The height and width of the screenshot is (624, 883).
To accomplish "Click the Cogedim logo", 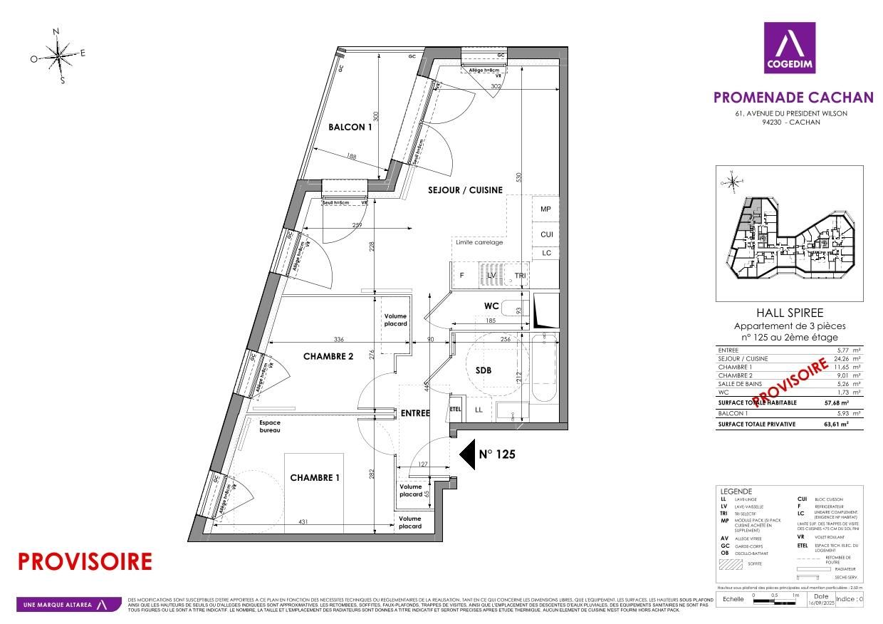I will [789, 48].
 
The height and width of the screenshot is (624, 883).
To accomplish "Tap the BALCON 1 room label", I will [350, 128].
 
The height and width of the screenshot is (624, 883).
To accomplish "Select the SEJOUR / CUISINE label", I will [465, 190].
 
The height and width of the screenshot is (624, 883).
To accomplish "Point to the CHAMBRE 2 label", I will [328, 357].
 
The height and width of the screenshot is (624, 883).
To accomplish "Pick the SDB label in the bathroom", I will [485, 370].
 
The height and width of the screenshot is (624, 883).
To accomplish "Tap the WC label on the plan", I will [491, 306].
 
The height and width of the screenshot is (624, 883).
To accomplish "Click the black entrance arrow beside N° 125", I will [466, 454].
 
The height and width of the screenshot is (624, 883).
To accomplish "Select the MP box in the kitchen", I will [546, 209].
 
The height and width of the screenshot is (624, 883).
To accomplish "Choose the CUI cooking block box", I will [546, 234].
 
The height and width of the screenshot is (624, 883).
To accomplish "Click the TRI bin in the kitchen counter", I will [520, 276].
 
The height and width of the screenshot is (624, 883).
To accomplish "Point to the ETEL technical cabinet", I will [456, 410].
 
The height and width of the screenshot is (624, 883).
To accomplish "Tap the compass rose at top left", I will [59, 56].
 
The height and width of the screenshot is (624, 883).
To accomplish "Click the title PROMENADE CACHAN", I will [793, 98].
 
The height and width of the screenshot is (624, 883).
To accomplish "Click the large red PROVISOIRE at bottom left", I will [84, 561].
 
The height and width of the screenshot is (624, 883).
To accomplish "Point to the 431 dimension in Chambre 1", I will [303, 523].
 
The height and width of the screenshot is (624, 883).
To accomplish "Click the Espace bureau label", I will [270, 427].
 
